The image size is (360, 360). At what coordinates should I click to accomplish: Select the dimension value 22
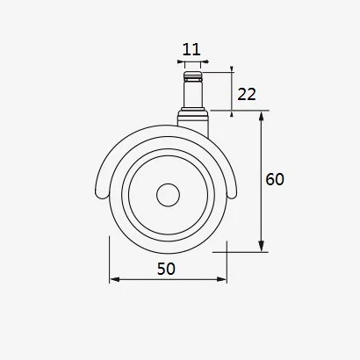coord(247,94)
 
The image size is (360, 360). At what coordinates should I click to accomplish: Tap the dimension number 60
coord(275,179)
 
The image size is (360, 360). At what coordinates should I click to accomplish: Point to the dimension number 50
coord(167,269)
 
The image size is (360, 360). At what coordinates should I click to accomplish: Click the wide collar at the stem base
coord(191,116)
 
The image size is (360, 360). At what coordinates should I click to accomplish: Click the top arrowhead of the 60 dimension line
coord(262,117)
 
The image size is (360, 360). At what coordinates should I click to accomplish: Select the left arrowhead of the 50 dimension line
coord(113,281)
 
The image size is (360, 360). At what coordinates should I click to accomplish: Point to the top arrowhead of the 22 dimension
coord(232,70)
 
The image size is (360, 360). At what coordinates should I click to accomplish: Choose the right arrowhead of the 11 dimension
coord(202,63)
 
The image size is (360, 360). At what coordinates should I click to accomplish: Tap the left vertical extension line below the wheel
coord(109,263)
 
